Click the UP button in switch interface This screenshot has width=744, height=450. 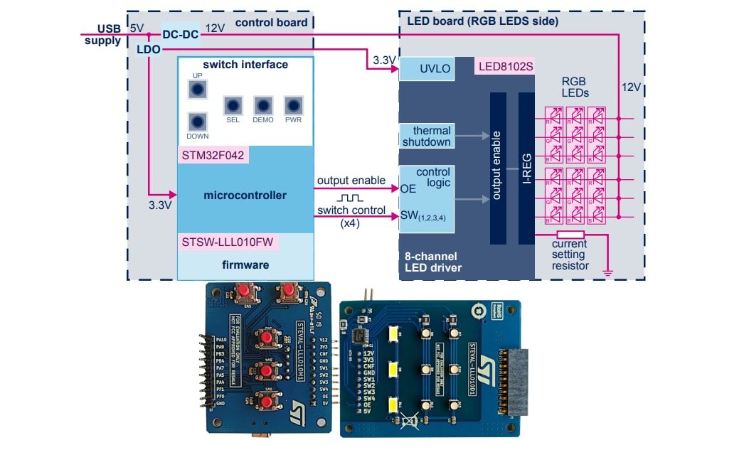(x=197, y=89)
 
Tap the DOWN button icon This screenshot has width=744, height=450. (x=198, y=121)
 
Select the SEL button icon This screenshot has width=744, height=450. (x=233, y=105)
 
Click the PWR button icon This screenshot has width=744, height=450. (x=293, y=105)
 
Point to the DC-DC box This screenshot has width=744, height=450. (x=181, y=33)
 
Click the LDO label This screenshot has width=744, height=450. (x=148, y=49)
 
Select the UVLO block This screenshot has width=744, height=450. (x=426, y=70)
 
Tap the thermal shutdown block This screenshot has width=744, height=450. (x=427, y=136)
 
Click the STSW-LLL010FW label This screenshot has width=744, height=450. (x=227, y=242)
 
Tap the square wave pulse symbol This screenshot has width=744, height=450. (x=351, y=198)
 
